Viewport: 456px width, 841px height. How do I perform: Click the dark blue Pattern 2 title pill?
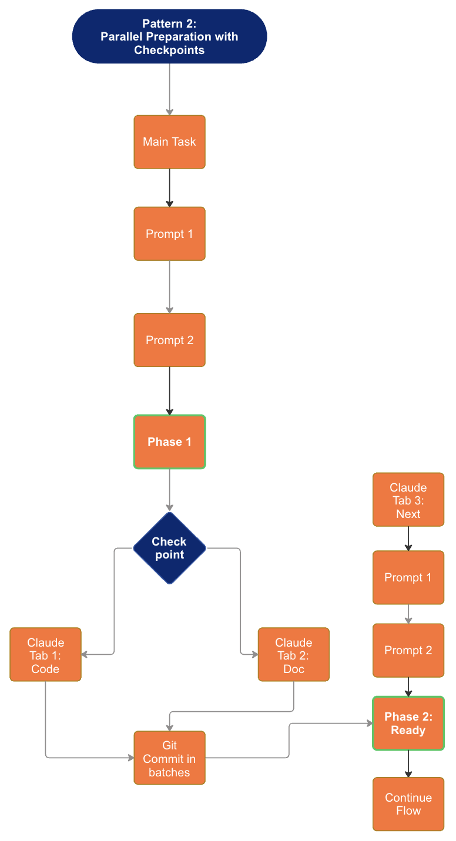169,36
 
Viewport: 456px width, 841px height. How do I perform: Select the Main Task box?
169,142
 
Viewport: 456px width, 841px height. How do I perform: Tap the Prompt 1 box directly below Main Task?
169,234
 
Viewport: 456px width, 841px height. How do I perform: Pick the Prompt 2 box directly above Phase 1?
169,340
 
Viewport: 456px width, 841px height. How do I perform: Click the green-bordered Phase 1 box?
169,442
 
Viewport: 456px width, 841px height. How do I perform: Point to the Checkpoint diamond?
169,548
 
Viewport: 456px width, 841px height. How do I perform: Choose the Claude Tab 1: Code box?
45,654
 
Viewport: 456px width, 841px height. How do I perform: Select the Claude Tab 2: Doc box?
293,654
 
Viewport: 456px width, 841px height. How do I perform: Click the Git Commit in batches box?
169,758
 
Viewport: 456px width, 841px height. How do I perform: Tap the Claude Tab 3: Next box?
408,500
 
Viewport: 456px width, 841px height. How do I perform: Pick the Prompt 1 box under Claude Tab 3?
408,577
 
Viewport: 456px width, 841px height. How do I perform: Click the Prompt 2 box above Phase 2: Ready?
408,650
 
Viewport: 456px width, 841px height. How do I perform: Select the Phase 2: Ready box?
408,724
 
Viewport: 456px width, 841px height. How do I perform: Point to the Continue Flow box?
408,804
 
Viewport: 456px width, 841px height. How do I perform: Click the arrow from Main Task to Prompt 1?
169,188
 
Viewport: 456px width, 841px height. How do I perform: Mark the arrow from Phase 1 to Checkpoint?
169,490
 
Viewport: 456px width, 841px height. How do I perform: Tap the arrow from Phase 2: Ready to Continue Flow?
408,763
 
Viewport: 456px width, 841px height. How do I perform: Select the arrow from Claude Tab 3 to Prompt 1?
408,539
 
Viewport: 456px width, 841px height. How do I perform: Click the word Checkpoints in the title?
169,50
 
